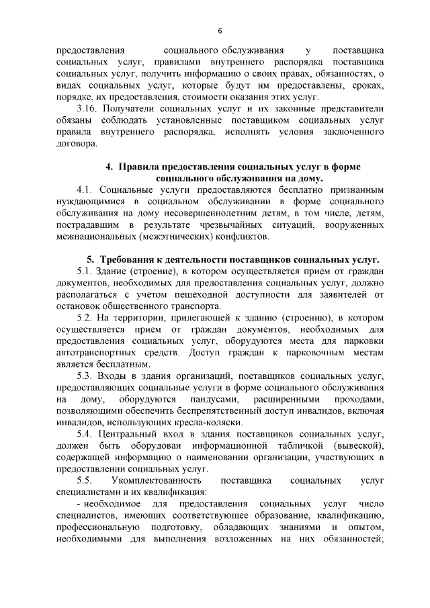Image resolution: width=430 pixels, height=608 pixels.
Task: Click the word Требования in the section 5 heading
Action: click(x=126, y=259)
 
